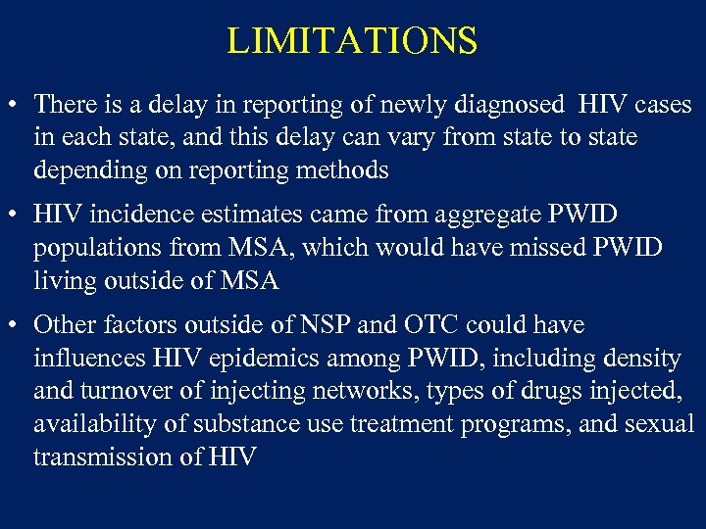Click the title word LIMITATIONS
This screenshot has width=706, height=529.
pyautogui.click(x=352, y=41)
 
